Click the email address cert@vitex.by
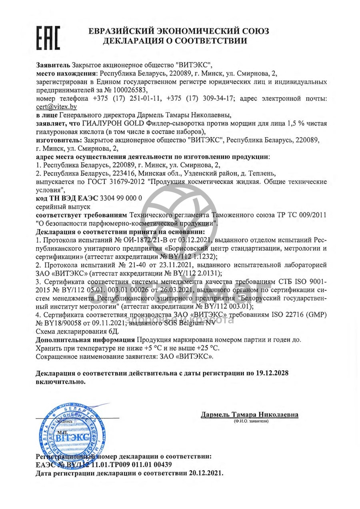tap(56, 107)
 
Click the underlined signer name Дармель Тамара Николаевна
tap(249, 415)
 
